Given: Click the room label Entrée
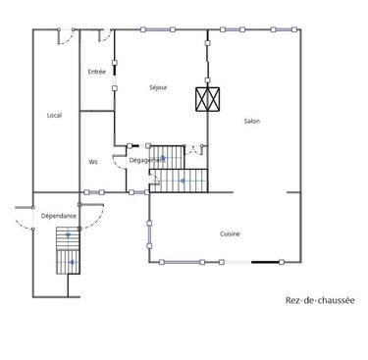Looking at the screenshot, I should point(97,71).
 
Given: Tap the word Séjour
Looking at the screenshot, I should point(158,87).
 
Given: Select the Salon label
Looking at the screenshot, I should point(252,121).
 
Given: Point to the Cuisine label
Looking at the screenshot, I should point(231,232).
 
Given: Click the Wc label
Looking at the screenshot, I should point(93,162).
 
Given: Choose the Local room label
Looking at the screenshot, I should point(54,116).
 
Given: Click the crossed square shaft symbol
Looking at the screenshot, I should point(209,100).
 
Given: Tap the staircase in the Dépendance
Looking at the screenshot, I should point(68,251).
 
